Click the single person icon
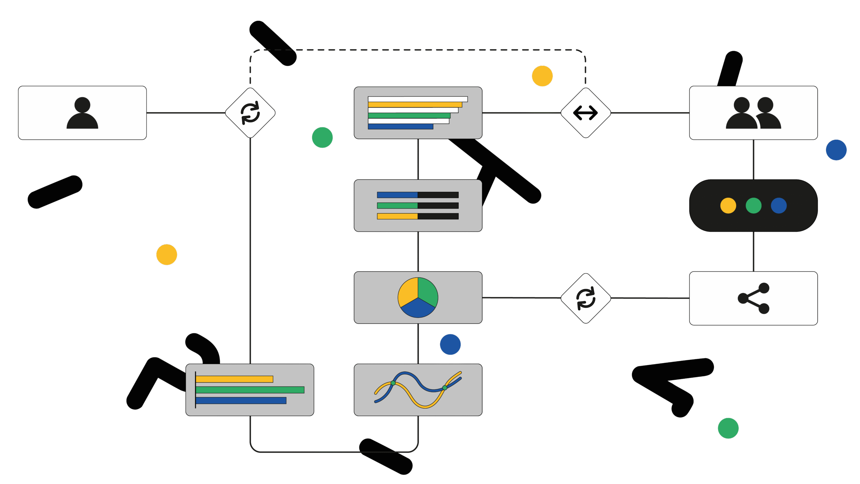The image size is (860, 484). pos(82,113)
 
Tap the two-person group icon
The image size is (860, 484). pos(753,113)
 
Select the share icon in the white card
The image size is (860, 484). pos(753,298)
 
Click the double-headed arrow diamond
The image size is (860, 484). pos(586,113)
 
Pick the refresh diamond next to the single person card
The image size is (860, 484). pos(250,113)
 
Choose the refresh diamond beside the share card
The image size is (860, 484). pos(586,298)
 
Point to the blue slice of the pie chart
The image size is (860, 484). pos(418,309)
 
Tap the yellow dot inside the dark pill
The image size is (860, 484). pos(728,206)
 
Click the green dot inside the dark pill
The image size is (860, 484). pos(754,206)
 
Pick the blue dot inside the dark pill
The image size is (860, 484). pos(779,206)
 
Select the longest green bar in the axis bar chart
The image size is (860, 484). pos(250,390)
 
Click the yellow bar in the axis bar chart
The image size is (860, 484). pos(234,379)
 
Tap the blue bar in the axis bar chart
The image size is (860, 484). pos(241,401)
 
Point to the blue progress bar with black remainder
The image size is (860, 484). pos(397,195)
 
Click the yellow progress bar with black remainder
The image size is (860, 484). pos(397,216)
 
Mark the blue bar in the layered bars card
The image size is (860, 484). pos(400,127)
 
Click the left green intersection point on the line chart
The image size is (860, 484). pos(393,383)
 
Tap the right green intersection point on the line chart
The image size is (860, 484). pos(445,388)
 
